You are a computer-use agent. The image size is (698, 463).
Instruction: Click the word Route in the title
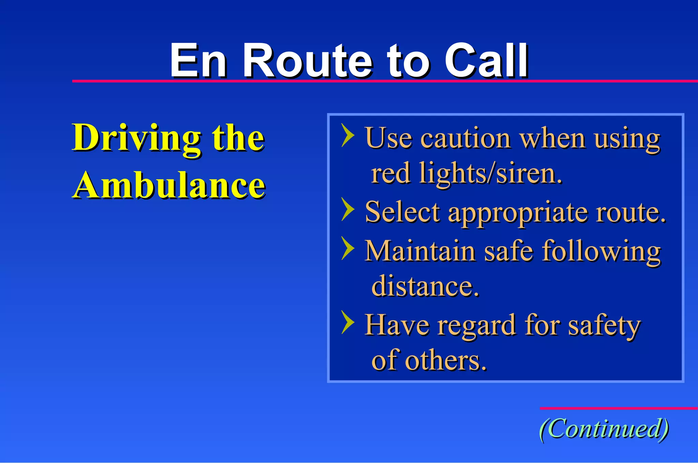(308, 61)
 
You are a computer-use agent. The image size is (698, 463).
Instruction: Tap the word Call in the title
(486, 61)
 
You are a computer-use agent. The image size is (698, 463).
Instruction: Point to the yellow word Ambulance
(169, 186)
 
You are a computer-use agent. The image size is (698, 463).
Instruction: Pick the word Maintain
(420, 251)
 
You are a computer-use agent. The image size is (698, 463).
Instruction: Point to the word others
(446, 361)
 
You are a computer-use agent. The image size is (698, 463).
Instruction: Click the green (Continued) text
(604, 429)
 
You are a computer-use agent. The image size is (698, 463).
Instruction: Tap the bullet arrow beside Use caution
(348, 135)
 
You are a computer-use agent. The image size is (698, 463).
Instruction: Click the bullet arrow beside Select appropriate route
(348, 209)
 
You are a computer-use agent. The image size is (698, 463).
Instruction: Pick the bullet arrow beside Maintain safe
(348, 249)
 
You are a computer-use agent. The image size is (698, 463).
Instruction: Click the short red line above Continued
(618, 408)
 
